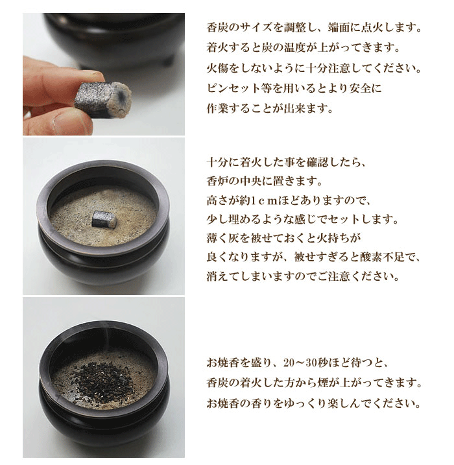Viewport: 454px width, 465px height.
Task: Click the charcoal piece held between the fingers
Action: (104, 99)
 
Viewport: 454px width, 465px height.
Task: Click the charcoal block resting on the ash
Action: (104, 219)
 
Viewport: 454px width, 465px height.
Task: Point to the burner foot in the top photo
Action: (168, 60)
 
